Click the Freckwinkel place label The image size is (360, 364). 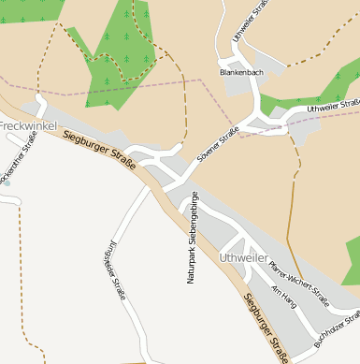point(28,124)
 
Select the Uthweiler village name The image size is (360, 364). point(244,255)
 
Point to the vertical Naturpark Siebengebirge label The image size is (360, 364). point(192,238)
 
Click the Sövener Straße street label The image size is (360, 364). point(217,146)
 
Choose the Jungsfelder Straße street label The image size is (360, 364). point(113,267)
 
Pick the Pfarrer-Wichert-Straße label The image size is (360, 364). point(298,284)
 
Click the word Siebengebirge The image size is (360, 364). point(193,218)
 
